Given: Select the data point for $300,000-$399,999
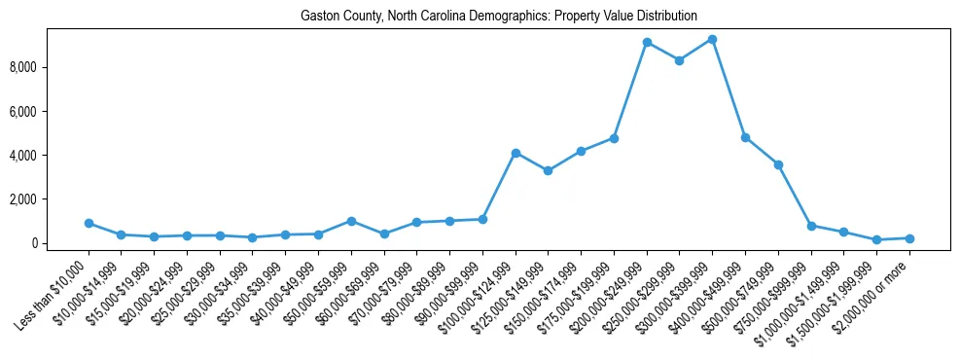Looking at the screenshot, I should [712, 40].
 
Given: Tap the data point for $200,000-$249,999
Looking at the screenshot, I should [647, 43].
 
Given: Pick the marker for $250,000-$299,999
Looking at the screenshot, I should [679, 60].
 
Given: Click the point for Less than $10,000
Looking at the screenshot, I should [89, 223].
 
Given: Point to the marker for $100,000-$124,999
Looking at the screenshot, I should [516, 153].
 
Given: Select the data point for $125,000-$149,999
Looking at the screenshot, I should [548, 170].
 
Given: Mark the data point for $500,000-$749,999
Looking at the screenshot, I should [778, 164].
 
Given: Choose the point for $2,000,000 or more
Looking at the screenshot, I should [909, 238].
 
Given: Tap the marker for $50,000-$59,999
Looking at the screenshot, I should [351, 221].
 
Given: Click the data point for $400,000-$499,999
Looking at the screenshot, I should [745, 137].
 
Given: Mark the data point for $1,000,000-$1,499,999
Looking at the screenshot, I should [843, 232].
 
